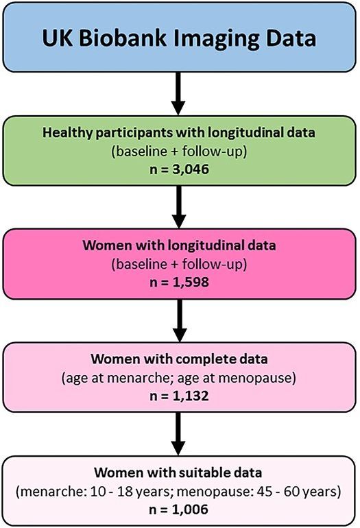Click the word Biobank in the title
pyautogui.click(x=123, y=38)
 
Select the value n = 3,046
pyautogui.click(x=179, y=169)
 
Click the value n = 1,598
pyautogui.click(x=179, y=282)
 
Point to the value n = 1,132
pyautogui.click(x=179, y=396)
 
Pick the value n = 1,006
pyautogui.click(x=178, y=509)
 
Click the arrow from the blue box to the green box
pyautogui.click(x=178, y=94)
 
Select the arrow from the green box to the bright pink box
pyautogui.click(x=179, y=207)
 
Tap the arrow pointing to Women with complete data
pyautogui.click(x=180, y=321)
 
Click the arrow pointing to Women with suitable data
pyautogui.click(x=178, y=433)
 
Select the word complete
pyautogui.click(x=208, y=359)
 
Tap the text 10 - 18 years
pyautogui.click(x=130, y=492)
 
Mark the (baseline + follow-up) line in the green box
pyautogui.click(x=179, y=152)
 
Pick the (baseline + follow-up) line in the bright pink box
pyautogui.click(x=179, y=264)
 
